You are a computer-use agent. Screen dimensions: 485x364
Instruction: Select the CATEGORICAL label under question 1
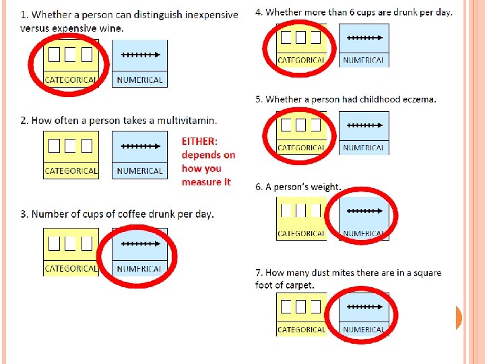click(71, 80)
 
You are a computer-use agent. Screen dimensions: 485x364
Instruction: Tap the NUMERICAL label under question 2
click(139, 171)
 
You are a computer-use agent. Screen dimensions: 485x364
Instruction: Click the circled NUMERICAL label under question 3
click(139, 269)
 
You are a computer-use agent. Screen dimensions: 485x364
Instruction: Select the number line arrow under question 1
click(139, 54)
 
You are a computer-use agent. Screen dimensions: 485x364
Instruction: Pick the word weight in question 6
click(325, 187)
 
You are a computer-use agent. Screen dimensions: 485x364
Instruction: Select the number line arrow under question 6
click(364, 211)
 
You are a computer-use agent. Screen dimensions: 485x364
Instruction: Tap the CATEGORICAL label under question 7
click(301, 330)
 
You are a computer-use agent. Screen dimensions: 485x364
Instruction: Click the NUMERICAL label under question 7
click(364, 330)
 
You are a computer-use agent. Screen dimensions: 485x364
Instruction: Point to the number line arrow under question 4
click(364, 38)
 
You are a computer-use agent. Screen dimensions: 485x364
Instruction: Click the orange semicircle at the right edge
click(459, 317)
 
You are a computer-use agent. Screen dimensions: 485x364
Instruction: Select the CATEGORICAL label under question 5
click(301, 148)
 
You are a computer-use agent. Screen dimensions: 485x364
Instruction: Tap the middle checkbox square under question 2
click(71, 145)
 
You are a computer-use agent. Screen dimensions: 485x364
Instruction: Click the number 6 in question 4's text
click(350, 12)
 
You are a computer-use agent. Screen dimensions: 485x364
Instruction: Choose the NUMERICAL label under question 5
click(364, 148)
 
